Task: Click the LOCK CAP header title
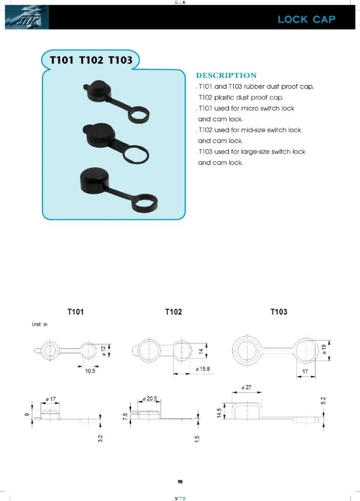pos(306,20)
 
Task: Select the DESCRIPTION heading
pos(226,76)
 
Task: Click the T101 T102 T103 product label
pos(91,60)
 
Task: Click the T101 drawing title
pos(76,312)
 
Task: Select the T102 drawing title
pos(173,312)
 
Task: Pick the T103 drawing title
pos(279,312)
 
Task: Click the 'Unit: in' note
pos(37,324)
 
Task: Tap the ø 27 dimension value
pos(246,387)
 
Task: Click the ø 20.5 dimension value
pos(151,398)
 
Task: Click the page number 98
pos(180,482)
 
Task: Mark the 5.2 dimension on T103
pos(323,401)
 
